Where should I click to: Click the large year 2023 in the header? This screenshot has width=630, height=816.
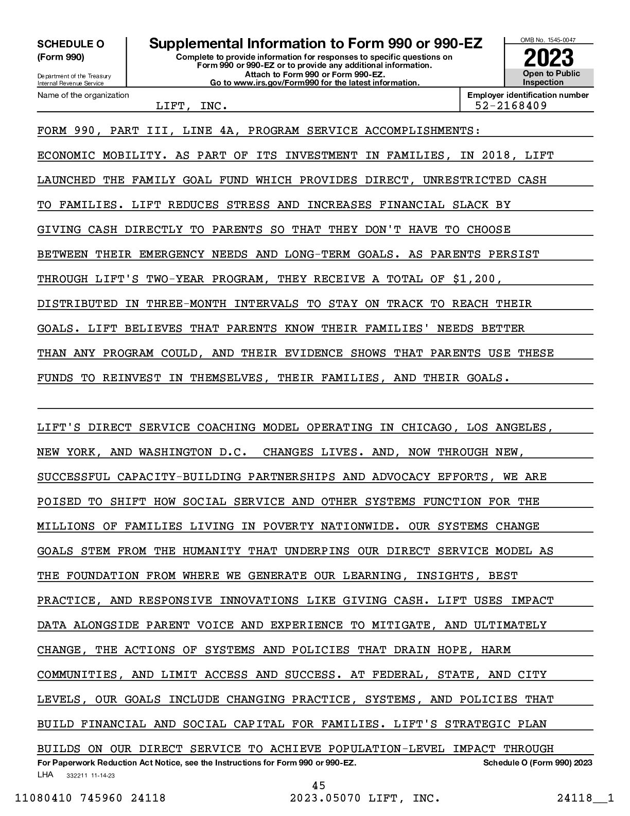pos(549,57)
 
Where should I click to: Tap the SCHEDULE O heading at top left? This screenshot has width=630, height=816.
pos(71,44)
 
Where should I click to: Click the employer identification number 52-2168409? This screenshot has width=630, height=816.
pos(511,106)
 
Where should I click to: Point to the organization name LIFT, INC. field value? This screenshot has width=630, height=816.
pos(191,106)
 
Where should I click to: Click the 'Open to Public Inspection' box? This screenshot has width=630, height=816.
pos(550,78)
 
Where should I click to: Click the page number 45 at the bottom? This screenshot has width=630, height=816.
pos(319,785)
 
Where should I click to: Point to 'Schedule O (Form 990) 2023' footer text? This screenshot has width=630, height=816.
pos(537,762)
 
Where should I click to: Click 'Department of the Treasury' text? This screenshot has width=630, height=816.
pos(74,76)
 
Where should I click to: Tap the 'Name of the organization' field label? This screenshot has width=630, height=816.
pos(83,95)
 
